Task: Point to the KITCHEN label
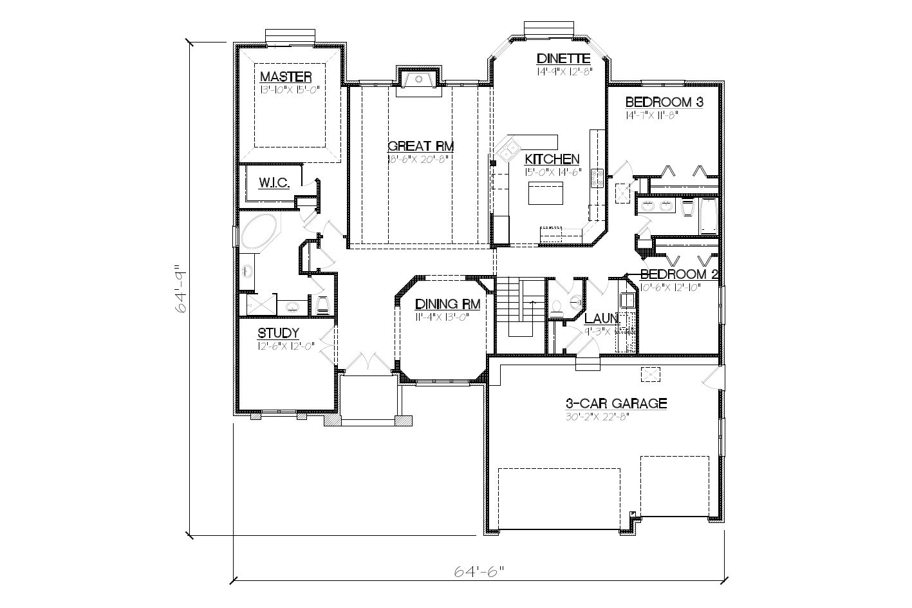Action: pyautogui.click(x=552, y=159)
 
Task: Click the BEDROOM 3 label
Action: pyautogui.click(x=664, y=102)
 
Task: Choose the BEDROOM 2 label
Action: pyautogui.click(x=679, y=275)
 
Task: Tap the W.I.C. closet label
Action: pyautogui.click(x=274, y=183)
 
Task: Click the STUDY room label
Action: pyautogui.click(x=278, y=333)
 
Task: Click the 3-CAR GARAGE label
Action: pyautogui.click(x=615, y=404)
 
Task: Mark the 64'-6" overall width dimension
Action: pyautogui.click(x=478, y=571)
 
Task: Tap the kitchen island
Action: pyautogui.click(x=546, y=193)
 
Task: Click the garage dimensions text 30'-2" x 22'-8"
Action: pyautogui.click(x=595, y=416)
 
